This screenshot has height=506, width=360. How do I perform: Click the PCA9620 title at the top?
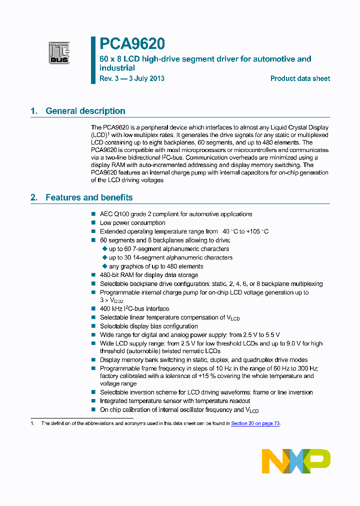tap(131, 44)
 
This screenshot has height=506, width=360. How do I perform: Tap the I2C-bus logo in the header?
tap(59, 51)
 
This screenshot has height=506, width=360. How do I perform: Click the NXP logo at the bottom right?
tap(296, 460)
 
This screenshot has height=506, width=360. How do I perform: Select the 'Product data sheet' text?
tap(300, 78)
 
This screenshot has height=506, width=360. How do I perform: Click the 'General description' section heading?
tap(85, 111)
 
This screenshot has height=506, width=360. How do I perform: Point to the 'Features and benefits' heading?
tap(89, 197)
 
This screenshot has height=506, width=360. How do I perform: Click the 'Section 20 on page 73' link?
tap(255, 423)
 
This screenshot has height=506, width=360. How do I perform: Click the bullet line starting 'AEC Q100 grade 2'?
tap(176, 214)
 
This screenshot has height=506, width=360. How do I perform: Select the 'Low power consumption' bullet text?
tap(132, 223)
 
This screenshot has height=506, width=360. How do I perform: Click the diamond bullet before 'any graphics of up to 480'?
tap(104, 266)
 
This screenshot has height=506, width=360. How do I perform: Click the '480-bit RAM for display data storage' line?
tap(149, 275)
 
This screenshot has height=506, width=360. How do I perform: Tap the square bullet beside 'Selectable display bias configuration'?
tap(93, 326)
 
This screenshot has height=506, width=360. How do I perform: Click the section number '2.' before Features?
tap(34, 197)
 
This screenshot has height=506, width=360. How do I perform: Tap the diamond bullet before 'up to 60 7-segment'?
tap(104, 248)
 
